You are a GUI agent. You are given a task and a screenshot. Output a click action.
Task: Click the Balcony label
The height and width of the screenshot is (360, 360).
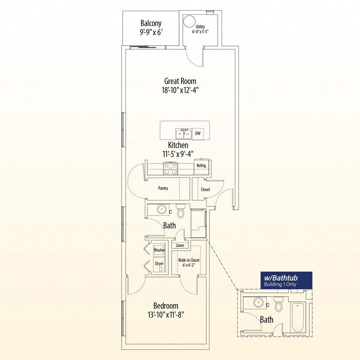[x=151, y=24]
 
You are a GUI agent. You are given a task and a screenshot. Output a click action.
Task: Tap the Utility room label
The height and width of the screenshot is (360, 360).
[x=200, y=27]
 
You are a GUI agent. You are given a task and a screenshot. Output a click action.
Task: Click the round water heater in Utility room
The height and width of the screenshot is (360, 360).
[x=190, y=21]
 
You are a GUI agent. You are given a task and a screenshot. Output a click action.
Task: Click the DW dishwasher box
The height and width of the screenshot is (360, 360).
[x=198, y=134]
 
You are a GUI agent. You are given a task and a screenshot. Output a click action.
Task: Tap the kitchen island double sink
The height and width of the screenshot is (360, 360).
[x=184, y=134]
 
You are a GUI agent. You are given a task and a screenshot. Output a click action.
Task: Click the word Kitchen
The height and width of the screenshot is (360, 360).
[x=178, y=145]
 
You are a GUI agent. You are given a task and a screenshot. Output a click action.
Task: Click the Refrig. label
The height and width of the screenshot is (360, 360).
[x=201, y=165]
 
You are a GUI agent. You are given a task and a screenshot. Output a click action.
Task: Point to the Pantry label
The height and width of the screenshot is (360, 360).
[x=163, y=188]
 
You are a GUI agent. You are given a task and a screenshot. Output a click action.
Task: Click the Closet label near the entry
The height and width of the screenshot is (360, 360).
[x=205, y=189]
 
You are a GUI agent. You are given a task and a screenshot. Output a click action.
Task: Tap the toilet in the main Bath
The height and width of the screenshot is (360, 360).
[x=181, y=211]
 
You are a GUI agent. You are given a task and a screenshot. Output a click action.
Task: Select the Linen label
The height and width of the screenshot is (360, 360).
[x=180, y=245]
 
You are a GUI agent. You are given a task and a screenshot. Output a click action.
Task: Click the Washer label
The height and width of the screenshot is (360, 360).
[x=160, y=250]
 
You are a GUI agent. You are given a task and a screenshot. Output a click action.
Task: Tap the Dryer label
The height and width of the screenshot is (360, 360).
[x=160, y=264]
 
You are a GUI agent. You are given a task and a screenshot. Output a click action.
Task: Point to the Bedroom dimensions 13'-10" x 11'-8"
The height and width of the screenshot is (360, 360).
[x=166, y=314]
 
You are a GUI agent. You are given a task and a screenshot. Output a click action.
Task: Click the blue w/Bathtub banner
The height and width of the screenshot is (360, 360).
[x=286, y=280]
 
